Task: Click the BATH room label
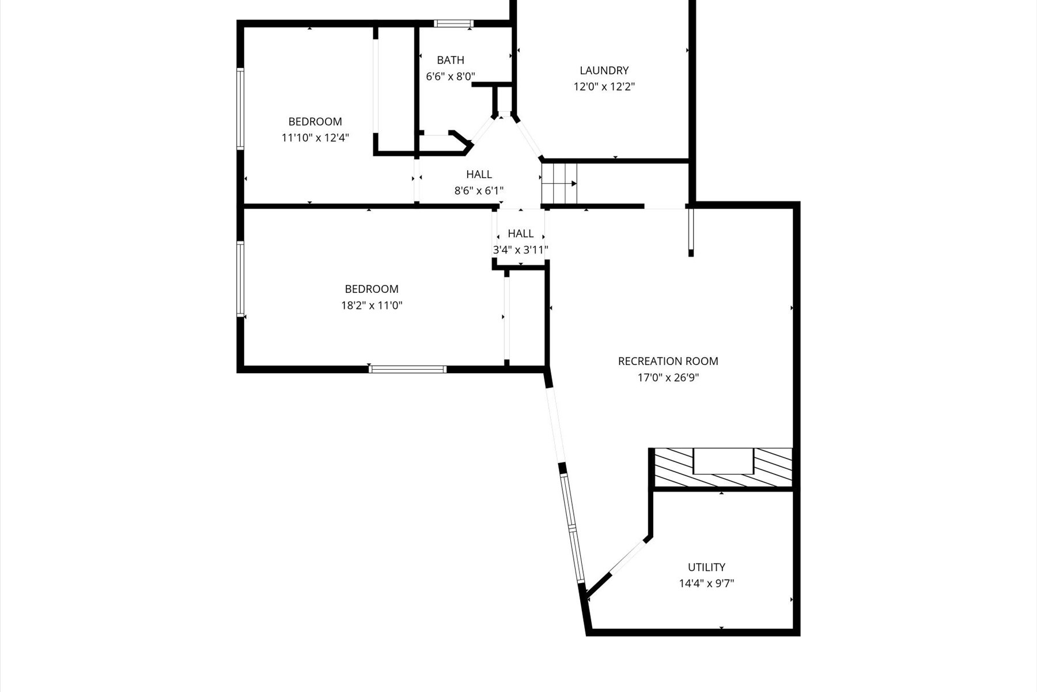tap(450, 60)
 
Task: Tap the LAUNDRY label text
tap(604, 70)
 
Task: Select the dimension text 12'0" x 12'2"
tap(604, 87)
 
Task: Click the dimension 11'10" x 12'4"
tap(315, 138)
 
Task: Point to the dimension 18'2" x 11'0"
tap(372, 306)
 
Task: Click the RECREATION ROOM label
tap(668, 361)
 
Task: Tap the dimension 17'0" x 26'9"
tap(668, 378)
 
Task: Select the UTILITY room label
tap(706, 567)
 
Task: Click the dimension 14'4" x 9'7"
tap(706, 584)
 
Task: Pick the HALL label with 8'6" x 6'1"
tap(479, 174)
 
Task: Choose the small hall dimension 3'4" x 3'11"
tap(520, 250)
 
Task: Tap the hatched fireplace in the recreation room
tap(722, 468)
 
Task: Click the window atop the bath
tap(453, 24)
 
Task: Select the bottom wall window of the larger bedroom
tap(407, 369)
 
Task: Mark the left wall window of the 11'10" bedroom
tap(241, 109)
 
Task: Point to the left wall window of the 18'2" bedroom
tap(241, 279)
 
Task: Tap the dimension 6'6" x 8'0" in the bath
tap(450, 76)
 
